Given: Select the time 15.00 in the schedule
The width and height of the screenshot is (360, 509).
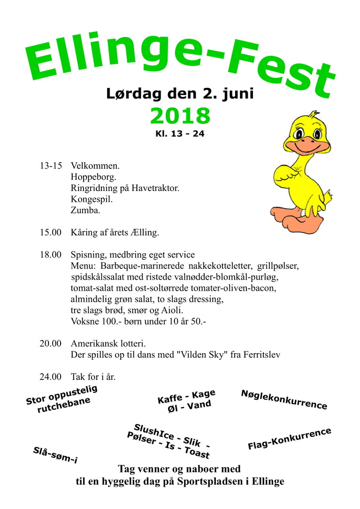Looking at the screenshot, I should pyautogui.click(x=51, y=233).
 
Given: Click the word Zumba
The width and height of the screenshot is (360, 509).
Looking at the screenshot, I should pyautogui.click(x=85, y=211).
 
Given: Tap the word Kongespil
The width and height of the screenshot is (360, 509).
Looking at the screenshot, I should pyautogui.click(x=92, y=199).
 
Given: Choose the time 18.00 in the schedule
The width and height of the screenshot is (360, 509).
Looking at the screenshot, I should pyautogui.click(x=51, y=255).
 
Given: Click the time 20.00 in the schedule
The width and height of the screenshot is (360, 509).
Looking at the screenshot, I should pyautogui.click(x=51, y=343).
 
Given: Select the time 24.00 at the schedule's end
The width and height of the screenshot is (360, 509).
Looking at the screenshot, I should pyautogui.click(x=51, y=377).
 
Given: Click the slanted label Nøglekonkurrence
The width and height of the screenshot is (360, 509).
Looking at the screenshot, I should pyautogui.click(x=284, y=400).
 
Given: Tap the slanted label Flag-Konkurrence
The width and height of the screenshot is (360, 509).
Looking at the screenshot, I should pyautogui.click(x=289, y=439).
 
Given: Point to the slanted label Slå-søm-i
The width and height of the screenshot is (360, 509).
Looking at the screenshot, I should pyautogui.click(x=55, y=456).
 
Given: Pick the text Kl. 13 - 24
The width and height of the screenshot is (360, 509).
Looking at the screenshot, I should pyautogui.click(x=180, y=134).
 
